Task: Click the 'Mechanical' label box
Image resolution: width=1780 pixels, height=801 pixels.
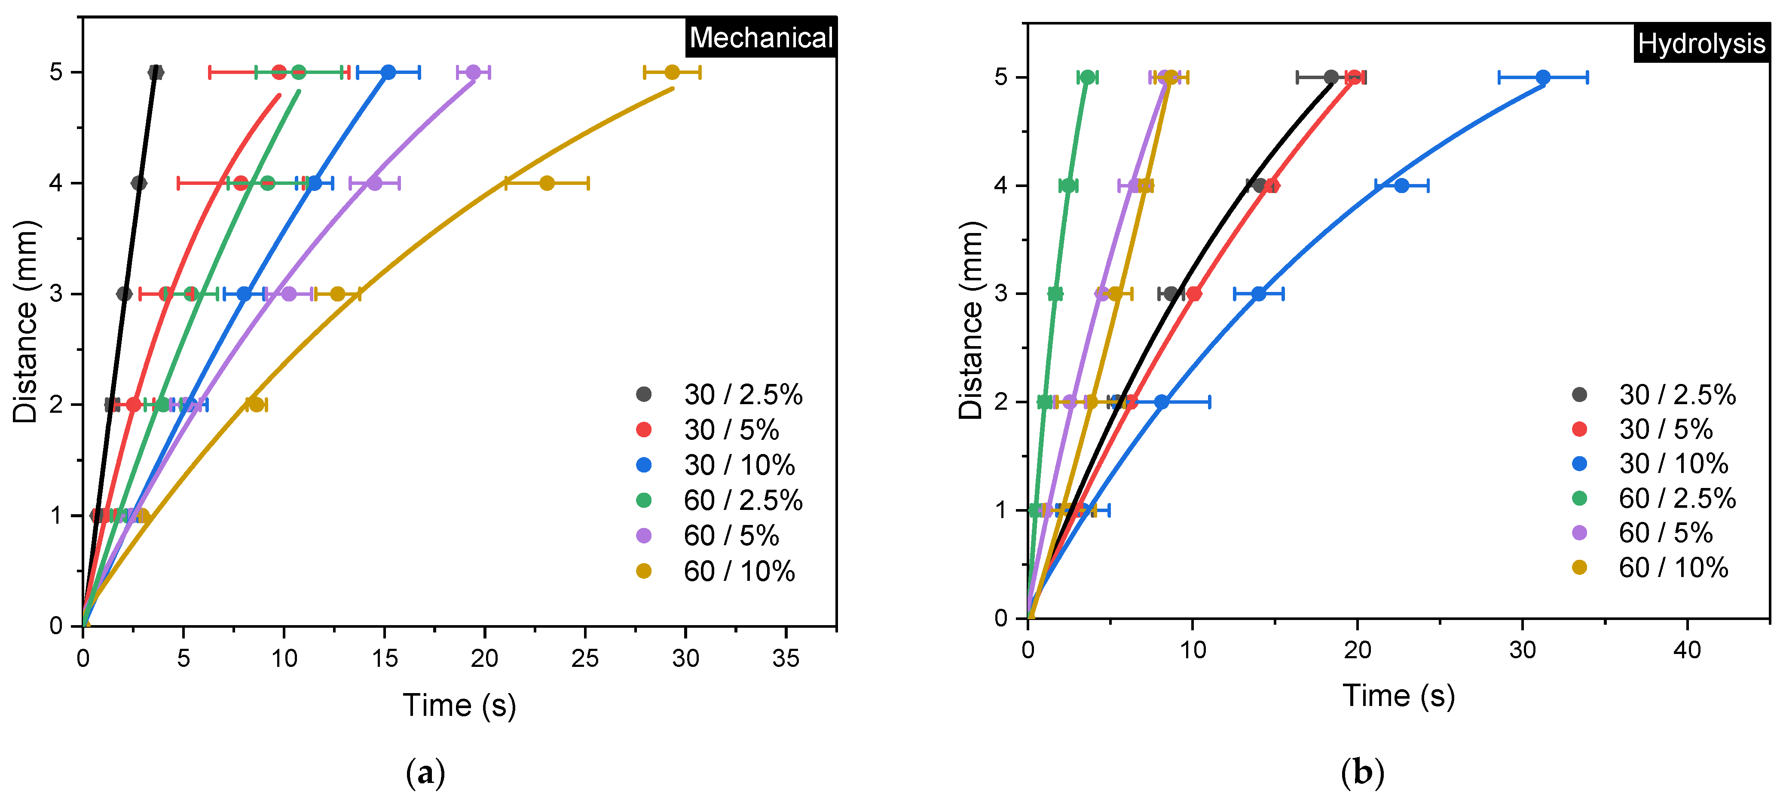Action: click(761, 37)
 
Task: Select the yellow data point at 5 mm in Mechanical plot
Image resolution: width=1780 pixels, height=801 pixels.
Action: click(672, 72)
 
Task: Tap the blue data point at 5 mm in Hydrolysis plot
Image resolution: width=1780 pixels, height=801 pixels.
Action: click(1543, 77)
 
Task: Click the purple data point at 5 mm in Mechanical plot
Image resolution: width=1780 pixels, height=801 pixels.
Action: click(473, 72)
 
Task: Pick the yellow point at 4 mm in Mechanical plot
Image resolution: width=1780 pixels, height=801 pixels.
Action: click(547, 183)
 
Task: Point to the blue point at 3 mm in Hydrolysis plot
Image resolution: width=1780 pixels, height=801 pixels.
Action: click(1258, 294)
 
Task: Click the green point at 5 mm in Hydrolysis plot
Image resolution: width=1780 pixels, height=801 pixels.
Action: click(1088, 77)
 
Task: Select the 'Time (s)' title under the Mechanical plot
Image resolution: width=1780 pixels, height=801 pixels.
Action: click(459, 706)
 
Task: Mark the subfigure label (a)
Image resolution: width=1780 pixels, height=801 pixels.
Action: click(425, 772)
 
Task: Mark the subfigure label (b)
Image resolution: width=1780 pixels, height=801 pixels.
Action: click(1362, 772)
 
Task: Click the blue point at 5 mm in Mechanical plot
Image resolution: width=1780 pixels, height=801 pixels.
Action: click(388, 72)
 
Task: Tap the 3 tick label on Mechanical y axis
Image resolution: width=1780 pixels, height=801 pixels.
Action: click(57, 294)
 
